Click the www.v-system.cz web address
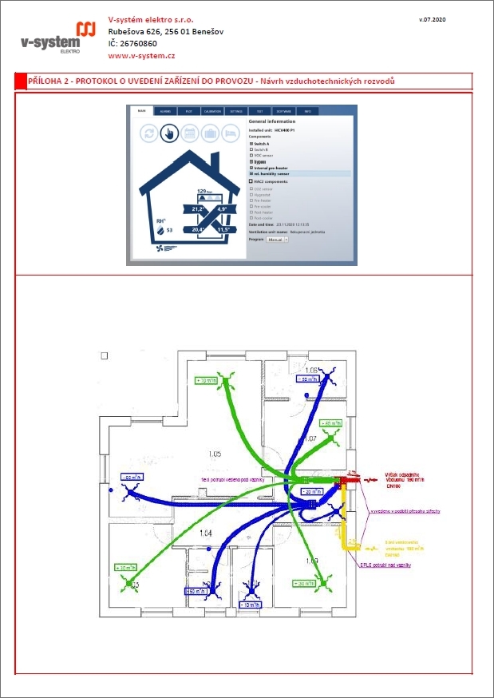141,56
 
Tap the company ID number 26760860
139,43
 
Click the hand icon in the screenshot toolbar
168,133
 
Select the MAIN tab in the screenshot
140,111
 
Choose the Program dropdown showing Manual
278,239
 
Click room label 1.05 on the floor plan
214,454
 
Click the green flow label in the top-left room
207,381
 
